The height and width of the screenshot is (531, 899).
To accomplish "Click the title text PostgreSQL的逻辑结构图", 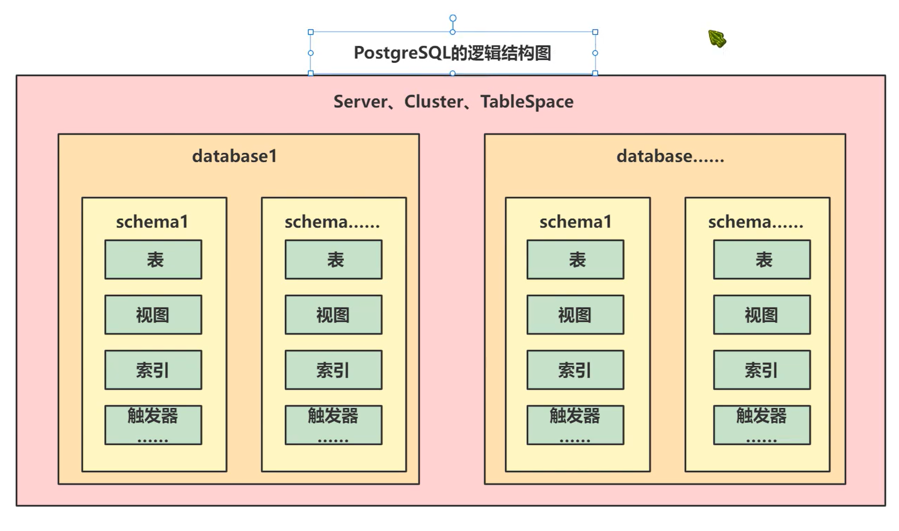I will [x=452, y=53].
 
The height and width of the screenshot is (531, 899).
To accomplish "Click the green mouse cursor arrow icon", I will [x=717, y=38].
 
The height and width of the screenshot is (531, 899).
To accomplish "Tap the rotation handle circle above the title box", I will [x=453, y=18].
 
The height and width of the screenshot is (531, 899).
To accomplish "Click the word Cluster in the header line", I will [x=433, y=102].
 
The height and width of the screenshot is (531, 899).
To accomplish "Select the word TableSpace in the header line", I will [x=527, y=102].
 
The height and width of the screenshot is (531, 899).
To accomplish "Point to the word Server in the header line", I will [x=360, y=102].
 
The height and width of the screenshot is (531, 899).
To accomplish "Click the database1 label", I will [x=235, y=156].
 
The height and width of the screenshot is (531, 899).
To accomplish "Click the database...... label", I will [x=670, y=156].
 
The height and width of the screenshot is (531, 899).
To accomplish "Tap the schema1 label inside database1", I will [x=152, y=222].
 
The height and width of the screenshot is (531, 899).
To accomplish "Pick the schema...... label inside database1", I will [x=332, y=222].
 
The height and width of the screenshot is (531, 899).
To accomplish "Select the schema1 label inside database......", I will [x=575, y=222].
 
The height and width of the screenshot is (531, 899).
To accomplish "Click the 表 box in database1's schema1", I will [x=153, y=259].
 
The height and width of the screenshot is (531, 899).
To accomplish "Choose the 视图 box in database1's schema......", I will [x=333, y=315].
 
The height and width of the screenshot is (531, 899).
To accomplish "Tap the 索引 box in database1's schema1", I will [x=153, y=370].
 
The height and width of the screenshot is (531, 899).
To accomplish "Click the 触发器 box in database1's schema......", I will [x=333, y=425].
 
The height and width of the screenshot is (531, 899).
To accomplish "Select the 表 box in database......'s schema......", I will [x=762, y=259].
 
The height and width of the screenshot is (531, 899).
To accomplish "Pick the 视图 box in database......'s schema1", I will [x=575, y=315].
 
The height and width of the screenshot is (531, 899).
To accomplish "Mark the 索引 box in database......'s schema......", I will [x=762, y=370].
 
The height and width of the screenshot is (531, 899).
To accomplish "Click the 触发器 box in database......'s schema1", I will [x=575, y=425].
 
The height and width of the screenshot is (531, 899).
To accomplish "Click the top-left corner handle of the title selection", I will [x=311, y=32].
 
